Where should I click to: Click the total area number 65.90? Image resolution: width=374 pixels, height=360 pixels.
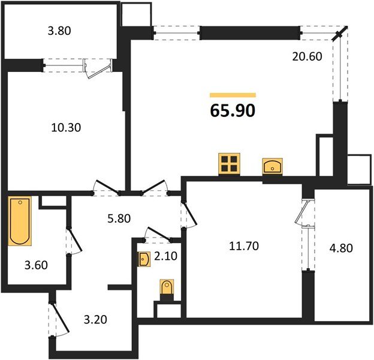(233, 111)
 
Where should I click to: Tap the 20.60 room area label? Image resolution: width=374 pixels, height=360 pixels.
(307, 56)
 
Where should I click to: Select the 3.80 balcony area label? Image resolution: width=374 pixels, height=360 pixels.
(59, 31)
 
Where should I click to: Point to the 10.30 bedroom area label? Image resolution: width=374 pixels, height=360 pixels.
(66, 127)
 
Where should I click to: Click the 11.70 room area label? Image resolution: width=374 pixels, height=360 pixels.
(244, 246)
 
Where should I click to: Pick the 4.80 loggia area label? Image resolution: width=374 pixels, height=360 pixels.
(341, 248)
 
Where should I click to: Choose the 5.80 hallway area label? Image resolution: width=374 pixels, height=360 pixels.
(119, 218)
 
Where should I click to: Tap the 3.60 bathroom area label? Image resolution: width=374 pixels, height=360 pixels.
(36, 265)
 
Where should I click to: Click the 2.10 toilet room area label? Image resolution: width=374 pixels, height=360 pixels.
(166, 256)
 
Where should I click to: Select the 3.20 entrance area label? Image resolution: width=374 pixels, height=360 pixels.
(95, 319)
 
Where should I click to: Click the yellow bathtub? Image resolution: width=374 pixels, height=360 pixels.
(20, 221)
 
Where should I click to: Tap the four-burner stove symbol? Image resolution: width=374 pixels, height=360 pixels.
(229, 164)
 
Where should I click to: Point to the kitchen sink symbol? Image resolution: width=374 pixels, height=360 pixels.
(272, 166)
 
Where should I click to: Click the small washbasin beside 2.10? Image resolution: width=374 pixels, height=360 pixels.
(144, 259)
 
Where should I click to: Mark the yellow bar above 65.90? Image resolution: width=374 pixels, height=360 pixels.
(233, 95)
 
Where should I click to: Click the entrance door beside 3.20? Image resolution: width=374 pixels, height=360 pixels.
(59, 320)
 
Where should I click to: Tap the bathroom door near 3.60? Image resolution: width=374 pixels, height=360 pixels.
(74, 241)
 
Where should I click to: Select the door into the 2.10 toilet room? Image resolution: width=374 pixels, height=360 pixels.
(158, 234)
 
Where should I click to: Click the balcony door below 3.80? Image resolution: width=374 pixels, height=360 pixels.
(98, 68)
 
